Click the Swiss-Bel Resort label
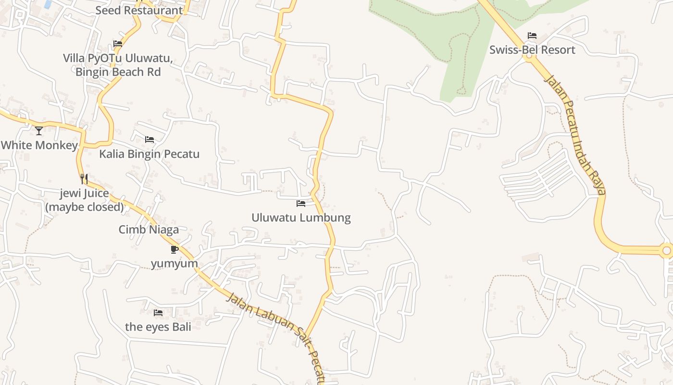(532, 50)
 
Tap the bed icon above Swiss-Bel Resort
(532, 36)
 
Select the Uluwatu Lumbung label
(301, 218)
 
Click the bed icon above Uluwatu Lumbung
(301, 204)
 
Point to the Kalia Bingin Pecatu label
(149, 154)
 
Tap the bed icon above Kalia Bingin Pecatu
(150, 140)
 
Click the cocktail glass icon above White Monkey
(39, 130)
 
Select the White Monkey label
(39, 145)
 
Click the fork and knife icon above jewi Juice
(84, 179)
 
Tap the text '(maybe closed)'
(85, 207)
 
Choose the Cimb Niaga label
(149, 230)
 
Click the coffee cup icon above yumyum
(174, 249)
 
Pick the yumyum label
(174, 264)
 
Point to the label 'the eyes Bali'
(158, 327)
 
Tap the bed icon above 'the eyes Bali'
(158, 313)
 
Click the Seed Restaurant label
(139, 10)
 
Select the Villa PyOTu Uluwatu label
(118, 58)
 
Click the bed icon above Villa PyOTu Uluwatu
(118, 44)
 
